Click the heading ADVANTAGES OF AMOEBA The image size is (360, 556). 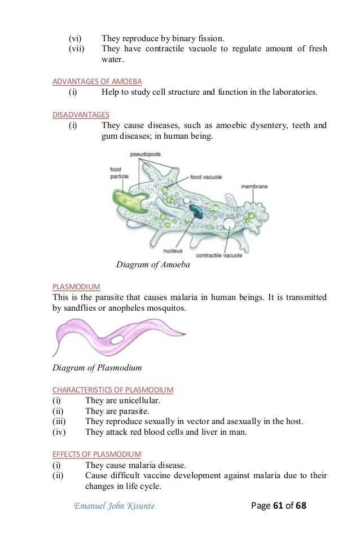click(x=96, y=81)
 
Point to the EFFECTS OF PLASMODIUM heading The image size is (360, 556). click(x=96, y=454)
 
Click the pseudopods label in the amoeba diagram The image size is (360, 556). click(x=143, y=154)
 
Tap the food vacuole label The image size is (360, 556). click(x=205, y=177)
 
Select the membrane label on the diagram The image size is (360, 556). click(x=254, y=186)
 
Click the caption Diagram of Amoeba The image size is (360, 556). click(x=153, y=265)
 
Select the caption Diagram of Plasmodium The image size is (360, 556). click(x=96, y=368)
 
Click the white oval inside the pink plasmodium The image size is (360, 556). click(x=118, y=340)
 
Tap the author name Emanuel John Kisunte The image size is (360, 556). click(x=114, y=506)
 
